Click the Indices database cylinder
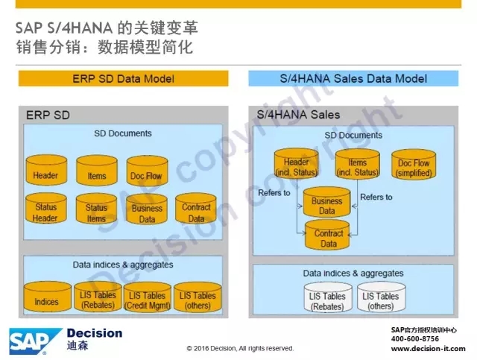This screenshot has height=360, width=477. (x=48, y=297)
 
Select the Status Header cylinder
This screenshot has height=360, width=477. (x=46, y=209)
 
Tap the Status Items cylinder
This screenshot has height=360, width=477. (x=96, y=209)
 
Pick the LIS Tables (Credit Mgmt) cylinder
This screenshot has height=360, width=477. (x=148, y=297)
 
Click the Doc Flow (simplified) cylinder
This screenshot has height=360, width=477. (x=414, y=164)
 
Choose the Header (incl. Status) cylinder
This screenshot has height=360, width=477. (x=297, y=163)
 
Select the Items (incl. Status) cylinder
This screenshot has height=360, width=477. (x=358, y=164)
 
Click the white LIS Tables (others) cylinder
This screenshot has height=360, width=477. (x=381, y=297)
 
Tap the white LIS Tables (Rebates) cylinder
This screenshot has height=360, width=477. (x=328, y=297)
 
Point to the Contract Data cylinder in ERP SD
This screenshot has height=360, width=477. (x=196, y=209)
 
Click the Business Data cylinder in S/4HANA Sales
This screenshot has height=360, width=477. (x=327, y=202)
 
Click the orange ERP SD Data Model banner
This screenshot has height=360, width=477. (x=123, y=78)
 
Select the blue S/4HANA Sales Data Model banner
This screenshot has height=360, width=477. (x=353, y=78)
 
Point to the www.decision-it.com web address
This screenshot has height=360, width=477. (x=429, y=348)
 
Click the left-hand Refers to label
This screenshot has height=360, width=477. (x=274, y=193)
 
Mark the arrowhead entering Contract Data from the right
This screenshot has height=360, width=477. (x=350, y=235)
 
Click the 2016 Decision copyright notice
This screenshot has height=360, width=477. (x=240, y=348)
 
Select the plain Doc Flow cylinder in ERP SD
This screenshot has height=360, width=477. (x=148, y=171)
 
